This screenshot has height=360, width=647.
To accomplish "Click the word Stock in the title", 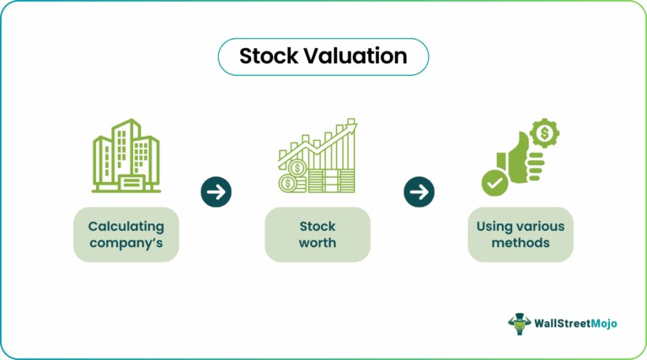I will tap(268, 56).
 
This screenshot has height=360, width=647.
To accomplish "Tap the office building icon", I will tap(126, 156).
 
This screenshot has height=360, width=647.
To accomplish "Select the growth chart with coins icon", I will tap(317, 158).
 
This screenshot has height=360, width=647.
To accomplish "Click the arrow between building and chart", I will tap(217, 191).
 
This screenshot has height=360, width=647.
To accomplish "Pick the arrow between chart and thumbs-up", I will tap(418, 191).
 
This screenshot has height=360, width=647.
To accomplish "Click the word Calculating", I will tap(126, 226).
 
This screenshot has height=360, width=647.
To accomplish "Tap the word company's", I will tap(126, 243).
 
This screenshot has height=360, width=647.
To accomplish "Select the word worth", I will tap(317, 243).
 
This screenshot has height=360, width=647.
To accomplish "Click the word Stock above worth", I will tap(317, 226).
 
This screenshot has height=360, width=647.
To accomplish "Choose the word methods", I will tap(521, 243).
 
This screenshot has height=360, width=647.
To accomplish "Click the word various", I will tap(540, 226).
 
